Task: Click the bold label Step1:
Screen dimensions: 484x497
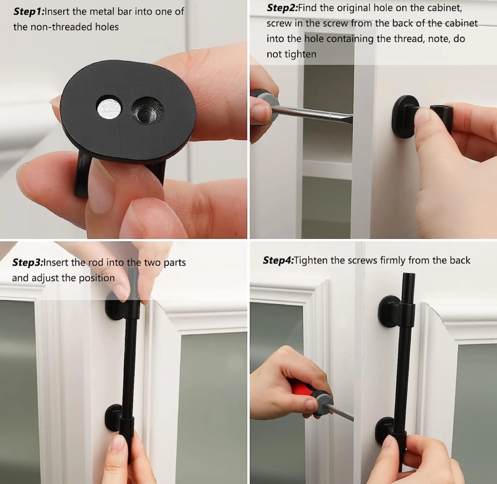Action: (x=29, y=12)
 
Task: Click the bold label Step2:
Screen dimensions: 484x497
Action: (x=282, y=8)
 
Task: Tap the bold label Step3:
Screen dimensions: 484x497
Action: (x=28, y=263)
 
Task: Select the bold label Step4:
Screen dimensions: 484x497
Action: (x=278, y=260)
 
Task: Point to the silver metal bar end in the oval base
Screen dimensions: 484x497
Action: (x=109, y=107)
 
